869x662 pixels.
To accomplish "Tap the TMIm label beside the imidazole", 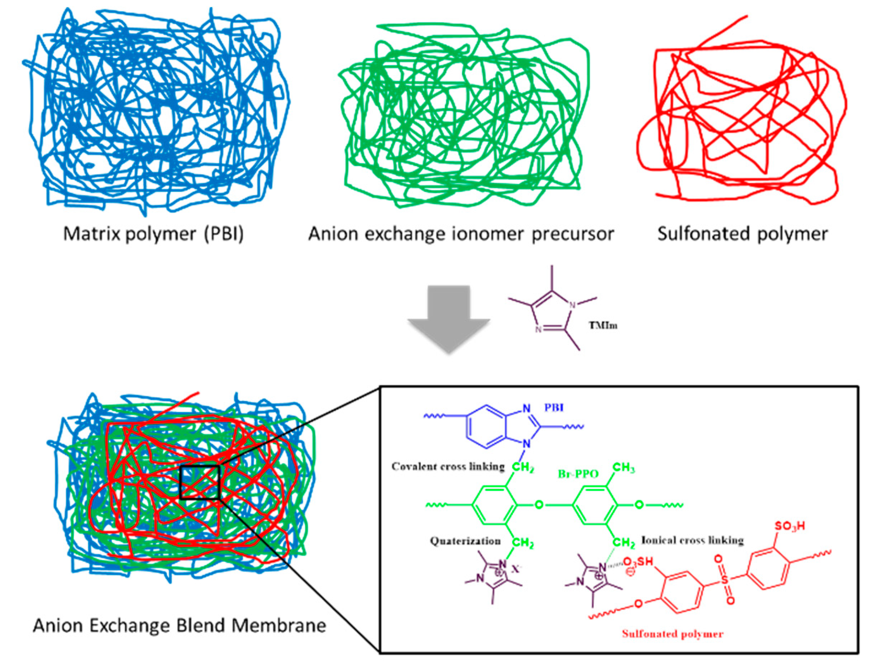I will coord(603,325).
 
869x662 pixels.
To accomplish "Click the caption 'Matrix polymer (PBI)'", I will coord(153,234).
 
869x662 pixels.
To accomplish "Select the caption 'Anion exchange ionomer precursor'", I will coord(461,234).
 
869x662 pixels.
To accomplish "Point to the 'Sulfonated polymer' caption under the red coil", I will coord(743,234).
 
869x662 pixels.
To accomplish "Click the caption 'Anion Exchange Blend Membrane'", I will coord(180,625).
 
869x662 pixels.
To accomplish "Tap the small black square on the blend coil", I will coord(199,482).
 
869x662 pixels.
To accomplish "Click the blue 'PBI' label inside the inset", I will coord(554,407).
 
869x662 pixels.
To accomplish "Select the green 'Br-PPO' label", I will coord(578,474).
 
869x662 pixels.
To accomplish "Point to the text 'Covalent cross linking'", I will coord(448,467).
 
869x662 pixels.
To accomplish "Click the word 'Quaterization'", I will coord(465,541).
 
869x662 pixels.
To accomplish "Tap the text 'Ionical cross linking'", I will coord(692,540).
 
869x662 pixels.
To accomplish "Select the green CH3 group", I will coord(624,468).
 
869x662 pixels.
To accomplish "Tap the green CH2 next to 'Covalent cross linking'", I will coord(523,469).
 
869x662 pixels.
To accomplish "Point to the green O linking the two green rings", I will coord(539,505).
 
